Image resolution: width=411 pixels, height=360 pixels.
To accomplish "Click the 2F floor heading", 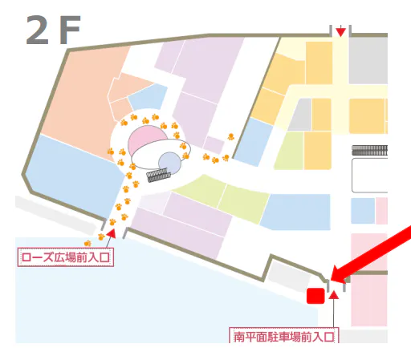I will click(x=53, y=30).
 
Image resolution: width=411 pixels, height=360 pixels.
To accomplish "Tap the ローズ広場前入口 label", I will click(x=64, y=257).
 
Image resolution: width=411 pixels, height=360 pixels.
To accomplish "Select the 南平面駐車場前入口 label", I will click(x=283, y=336).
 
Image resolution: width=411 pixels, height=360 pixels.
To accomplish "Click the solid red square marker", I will click(x=315, y=296).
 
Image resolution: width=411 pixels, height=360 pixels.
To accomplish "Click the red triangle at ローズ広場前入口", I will click(x=111, y=233).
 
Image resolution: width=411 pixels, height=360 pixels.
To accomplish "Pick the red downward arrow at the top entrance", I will click(x=341, y=32).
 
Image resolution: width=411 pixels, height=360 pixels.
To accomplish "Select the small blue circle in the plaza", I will click(x=169, y=163).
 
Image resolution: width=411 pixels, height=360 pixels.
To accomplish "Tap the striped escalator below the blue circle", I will click(x=157, y=176).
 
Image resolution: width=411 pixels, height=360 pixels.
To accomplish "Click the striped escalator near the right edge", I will click(x=369, y=150).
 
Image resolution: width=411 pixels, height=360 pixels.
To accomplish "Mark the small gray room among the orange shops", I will click(x=299, y=115).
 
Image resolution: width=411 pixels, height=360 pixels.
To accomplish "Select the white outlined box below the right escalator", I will click(x=369, y=176).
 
